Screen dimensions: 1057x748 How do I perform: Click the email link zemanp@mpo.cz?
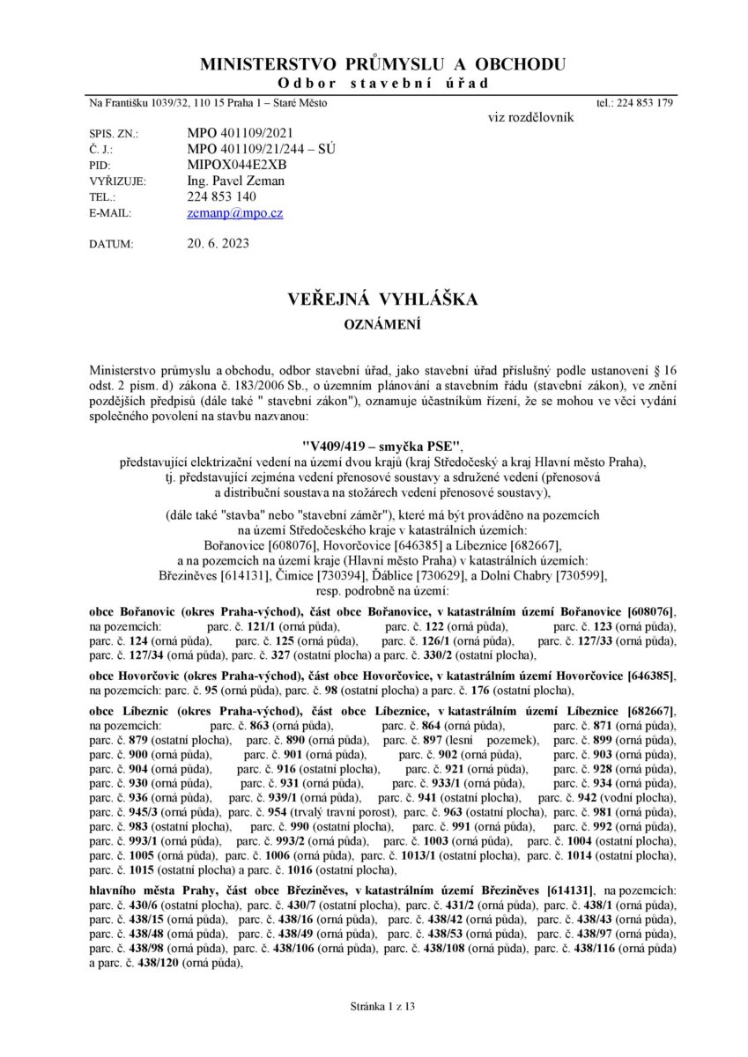[235, 213]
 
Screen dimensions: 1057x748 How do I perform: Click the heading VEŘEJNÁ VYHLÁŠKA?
[383, 300]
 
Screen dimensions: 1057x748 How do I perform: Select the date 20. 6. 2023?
[218, 244]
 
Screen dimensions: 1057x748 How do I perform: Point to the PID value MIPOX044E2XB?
[237, 166]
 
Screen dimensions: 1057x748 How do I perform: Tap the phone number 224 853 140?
[222, 197]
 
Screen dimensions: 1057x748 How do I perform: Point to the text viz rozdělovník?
[530, 117]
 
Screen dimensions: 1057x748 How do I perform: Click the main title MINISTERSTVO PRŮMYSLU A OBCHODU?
[383, 64]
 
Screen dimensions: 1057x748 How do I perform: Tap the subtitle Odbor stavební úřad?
[383, 84]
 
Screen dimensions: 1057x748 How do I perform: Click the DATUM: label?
[111, 245]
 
